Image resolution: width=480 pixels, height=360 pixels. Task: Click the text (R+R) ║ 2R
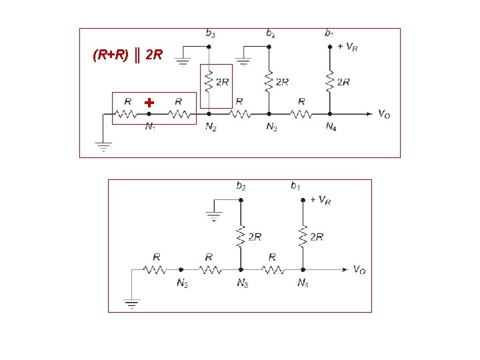tap(127, 55)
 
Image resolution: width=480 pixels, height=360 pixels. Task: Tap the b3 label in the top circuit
tap(210, 33)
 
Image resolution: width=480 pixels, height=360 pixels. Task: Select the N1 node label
tap(151, 127)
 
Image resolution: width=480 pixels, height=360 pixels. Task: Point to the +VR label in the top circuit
tap(347, 47)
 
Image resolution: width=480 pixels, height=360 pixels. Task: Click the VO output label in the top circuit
tap(384, 115)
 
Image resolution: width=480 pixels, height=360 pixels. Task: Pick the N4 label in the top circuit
tap(331, 127)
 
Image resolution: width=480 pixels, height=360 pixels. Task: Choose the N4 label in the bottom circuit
tap(303, 283)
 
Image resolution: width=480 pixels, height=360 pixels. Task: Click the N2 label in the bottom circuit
tap(182, 283)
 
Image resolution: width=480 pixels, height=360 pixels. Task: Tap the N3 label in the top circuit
tap(271, 127)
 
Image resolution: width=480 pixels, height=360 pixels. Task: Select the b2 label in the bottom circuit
tap(241, 186)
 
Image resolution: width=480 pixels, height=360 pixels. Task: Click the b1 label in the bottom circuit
tap(295, 186)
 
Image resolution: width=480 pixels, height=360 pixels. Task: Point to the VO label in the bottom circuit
tap(359, 270)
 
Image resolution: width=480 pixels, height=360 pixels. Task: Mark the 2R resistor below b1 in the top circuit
tap(330, 81)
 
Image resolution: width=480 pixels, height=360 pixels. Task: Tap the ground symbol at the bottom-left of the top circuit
tap(103, 146)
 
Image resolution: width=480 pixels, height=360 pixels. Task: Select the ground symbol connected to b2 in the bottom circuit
tap(213, 216)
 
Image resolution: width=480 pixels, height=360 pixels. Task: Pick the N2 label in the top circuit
tap(210, 127)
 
